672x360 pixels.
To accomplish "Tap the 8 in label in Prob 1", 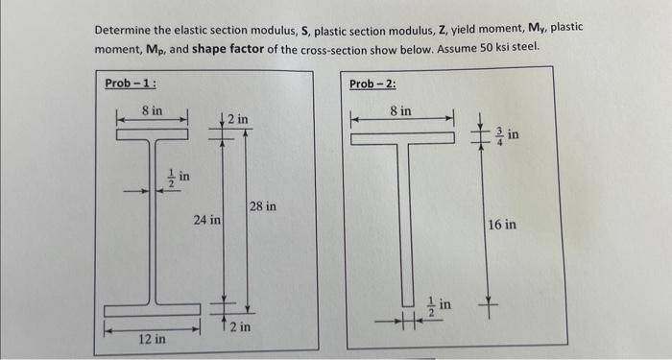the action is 152,111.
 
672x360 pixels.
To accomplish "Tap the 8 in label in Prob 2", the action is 401,111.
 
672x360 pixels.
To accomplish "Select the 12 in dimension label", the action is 151,339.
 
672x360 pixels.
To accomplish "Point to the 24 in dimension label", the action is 206,220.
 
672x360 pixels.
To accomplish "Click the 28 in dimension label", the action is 263,205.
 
